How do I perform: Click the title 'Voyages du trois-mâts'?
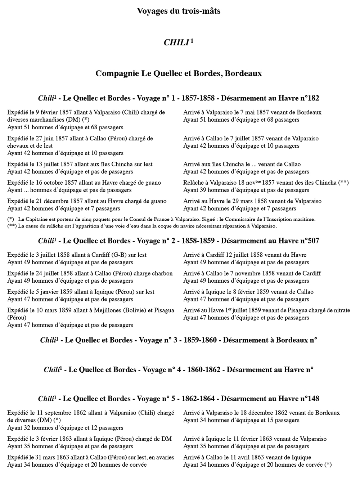coord(179,11)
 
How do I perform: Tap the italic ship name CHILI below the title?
coord(176,42)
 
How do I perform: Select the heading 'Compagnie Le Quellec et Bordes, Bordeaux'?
coord(179,73)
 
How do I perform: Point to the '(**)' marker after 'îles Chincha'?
coord(343,183)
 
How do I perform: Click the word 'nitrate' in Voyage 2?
coord(340,310)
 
